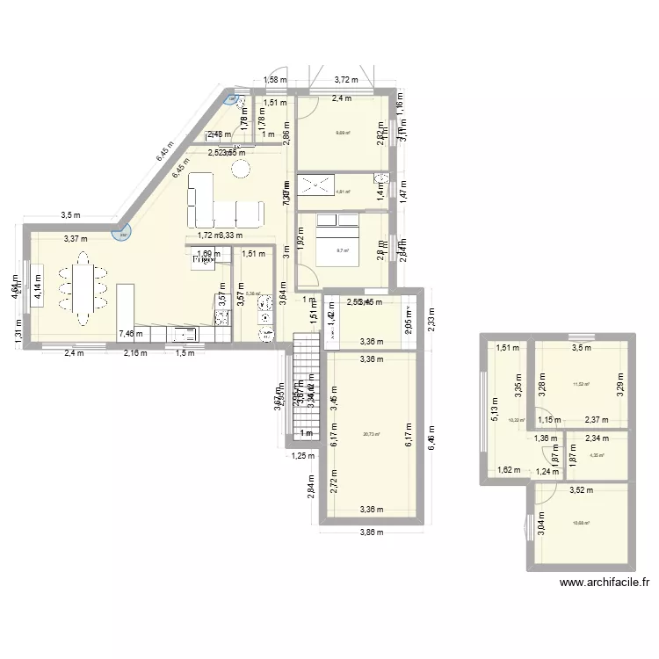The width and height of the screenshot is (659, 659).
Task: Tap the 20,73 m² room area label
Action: [367, 434]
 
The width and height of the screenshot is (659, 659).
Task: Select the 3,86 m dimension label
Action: [370, 532]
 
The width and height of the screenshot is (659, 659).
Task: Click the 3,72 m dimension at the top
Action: [345, 80]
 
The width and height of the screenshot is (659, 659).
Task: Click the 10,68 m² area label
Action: [581, 525]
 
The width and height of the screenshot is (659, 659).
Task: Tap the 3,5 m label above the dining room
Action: [71, 214]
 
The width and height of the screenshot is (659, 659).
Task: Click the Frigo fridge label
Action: [204, 260]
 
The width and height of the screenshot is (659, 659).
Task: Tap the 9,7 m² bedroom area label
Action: [343, 250]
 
